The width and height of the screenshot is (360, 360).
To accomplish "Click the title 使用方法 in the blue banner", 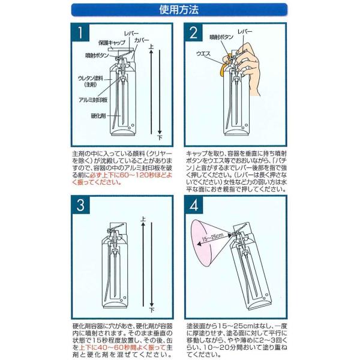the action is point(179,10).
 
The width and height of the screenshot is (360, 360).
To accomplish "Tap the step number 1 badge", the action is point(80,32).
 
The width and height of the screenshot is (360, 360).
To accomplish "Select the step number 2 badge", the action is point(193,32).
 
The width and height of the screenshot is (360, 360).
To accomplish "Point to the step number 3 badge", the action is point(80,205).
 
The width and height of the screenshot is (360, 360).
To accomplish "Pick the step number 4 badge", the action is point(194,205).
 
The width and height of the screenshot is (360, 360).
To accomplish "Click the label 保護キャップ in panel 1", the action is point(112,43).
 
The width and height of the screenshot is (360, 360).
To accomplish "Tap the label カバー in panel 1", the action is point(142,40).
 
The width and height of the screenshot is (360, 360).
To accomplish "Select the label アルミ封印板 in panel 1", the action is point(93,100).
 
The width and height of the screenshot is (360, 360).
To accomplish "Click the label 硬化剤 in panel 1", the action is point(98,116).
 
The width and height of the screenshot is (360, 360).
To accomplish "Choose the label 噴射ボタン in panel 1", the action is point(97,55).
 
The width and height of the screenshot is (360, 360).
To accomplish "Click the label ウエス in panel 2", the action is point(203,54).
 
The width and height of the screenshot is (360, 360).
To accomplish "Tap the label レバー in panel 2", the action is point(245,31).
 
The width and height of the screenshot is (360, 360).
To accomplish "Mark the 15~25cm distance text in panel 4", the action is point(212,238).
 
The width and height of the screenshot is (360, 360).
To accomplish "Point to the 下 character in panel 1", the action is point(160,137).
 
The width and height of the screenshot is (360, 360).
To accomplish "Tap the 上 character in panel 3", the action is point(143,218).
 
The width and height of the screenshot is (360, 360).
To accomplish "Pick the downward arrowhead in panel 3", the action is point(152,304).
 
